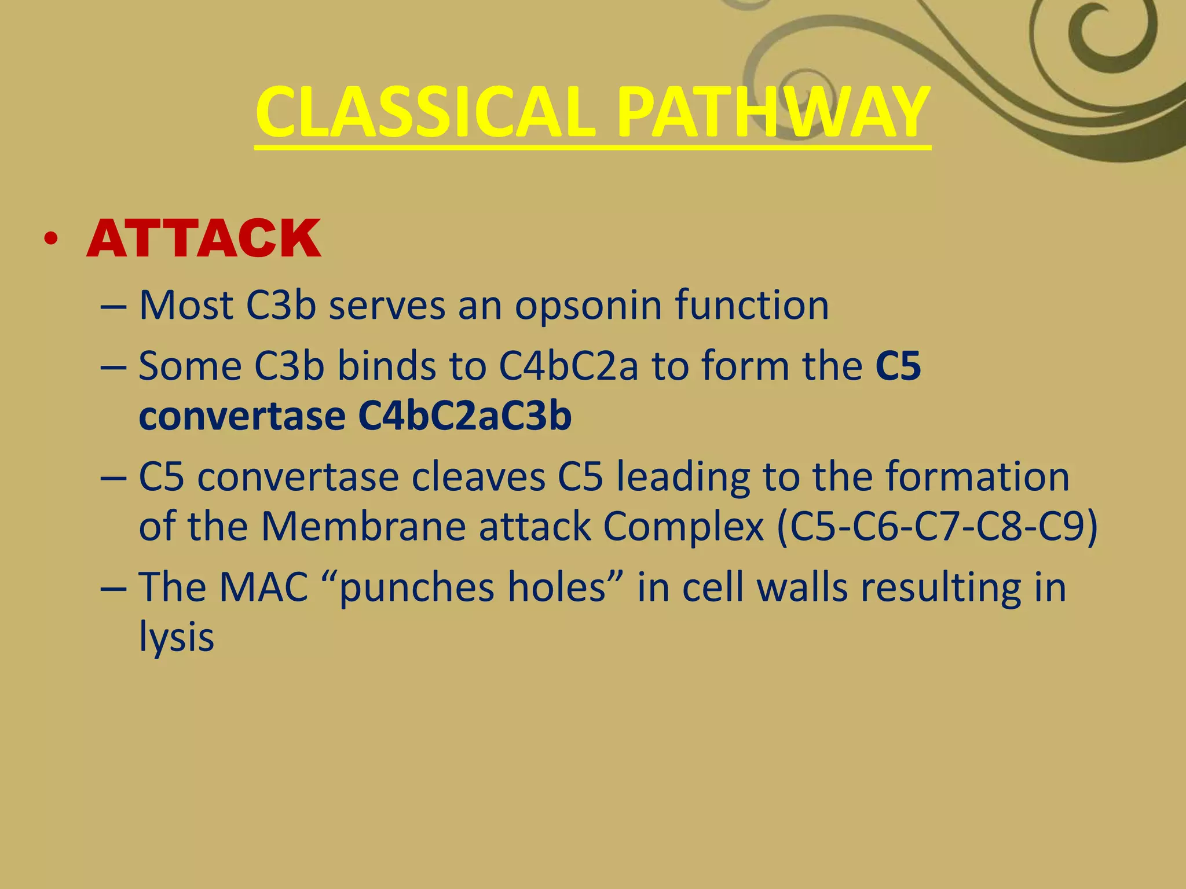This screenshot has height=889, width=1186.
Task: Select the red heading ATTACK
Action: click(x=203, y=238)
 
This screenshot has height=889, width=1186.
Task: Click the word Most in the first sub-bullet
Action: click(x=186, y=305)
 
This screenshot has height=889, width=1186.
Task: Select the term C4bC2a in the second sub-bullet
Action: click(x=568, y=366)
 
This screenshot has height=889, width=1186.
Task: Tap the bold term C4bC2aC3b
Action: click(x=464, y=416)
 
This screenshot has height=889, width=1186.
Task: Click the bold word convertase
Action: click(x=242, y=416)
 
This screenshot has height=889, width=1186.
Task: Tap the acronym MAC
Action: click(x=263, y=587)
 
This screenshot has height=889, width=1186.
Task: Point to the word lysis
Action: click(x=177, y=637)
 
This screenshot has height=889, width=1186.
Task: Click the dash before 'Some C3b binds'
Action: click(x=113, y=368)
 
